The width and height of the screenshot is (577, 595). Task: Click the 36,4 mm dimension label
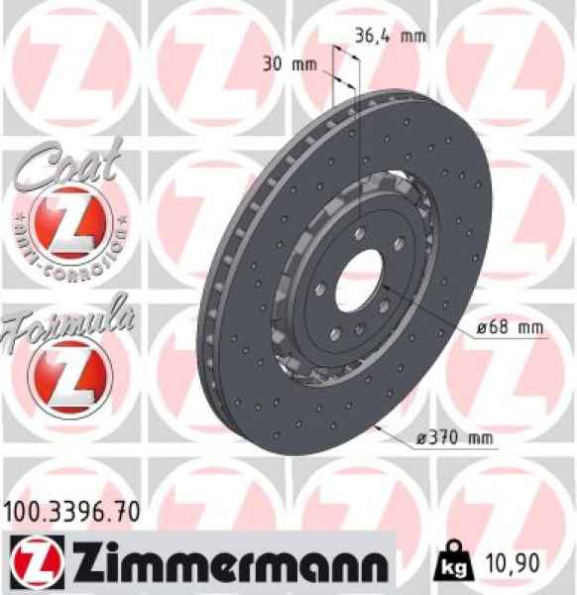click(390, 38)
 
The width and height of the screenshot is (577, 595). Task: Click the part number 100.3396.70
click(69, 511)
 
